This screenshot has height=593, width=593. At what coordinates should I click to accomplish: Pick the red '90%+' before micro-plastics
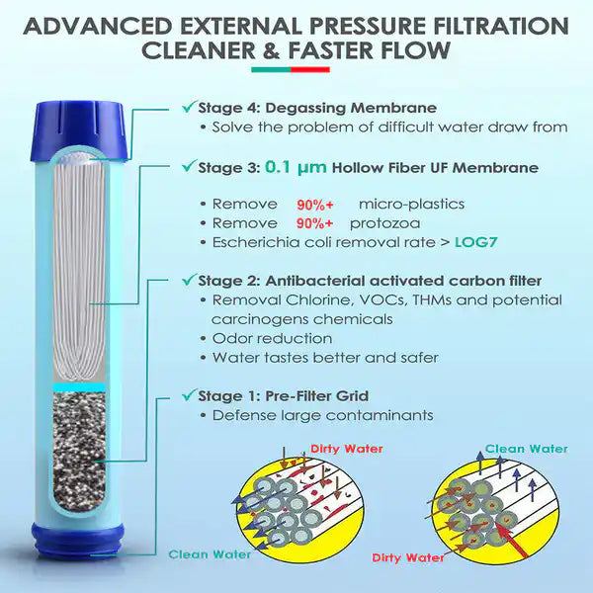point(316,205)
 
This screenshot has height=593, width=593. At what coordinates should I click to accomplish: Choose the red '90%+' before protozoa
point(316,223)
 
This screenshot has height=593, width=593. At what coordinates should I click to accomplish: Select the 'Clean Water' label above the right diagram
point(526,448)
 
